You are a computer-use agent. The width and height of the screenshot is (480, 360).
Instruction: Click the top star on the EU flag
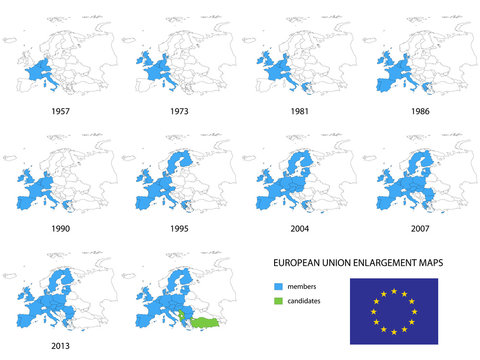393,291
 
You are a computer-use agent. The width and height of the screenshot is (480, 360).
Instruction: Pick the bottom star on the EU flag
393,331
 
